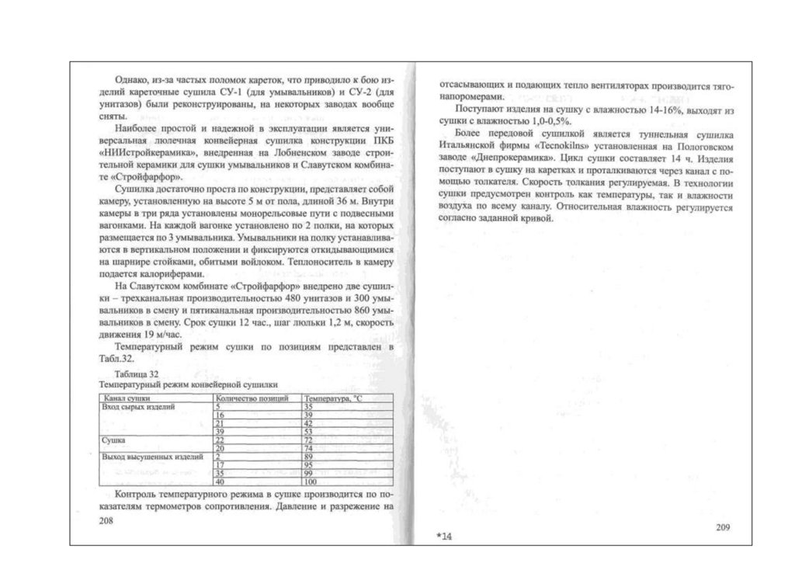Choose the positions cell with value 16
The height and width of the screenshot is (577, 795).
pyautogui.click(x=220, y=415)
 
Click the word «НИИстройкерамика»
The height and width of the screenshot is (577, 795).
pyautogui.click(x=141, y=153)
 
